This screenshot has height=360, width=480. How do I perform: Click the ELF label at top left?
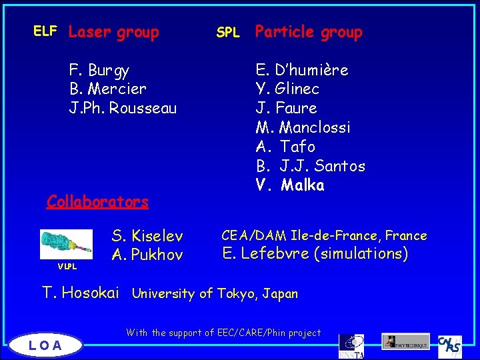(45, 31)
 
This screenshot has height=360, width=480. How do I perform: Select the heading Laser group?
(114, 32)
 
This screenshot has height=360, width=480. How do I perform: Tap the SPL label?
(228, 32)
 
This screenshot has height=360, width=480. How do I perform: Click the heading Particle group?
(309, 32)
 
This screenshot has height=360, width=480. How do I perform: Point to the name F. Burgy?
(99, 70)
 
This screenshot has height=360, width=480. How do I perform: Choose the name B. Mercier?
(107, 89)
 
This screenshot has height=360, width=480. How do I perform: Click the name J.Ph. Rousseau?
(123, 108)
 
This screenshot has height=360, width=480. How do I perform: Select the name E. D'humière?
(302, 70)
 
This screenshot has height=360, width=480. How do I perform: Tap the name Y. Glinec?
(287, 89)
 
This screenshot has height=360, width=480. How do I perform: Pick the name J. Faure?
(286, 108)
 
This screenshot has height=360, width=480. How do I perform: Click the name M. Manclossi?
(303, 127)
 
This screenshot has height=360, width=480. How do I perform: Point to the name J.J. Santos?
(323, 165)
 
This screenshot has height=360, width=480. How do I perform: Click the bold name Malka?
(303, 185)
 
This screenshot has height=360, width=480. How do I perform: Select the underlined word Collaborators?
(97, 201)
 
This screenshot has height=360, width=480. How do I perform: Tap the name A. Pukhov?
(147, 255)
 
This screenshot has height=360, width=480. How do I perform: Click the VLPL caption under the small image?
(66, 267)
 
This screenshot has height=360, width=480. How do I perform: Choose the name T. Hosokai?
(81, 292)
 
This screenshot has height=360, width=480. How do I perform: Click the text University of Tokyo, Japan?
(215, 293)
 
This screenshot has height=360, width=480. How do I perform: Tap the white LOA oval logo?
(45, 345)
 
